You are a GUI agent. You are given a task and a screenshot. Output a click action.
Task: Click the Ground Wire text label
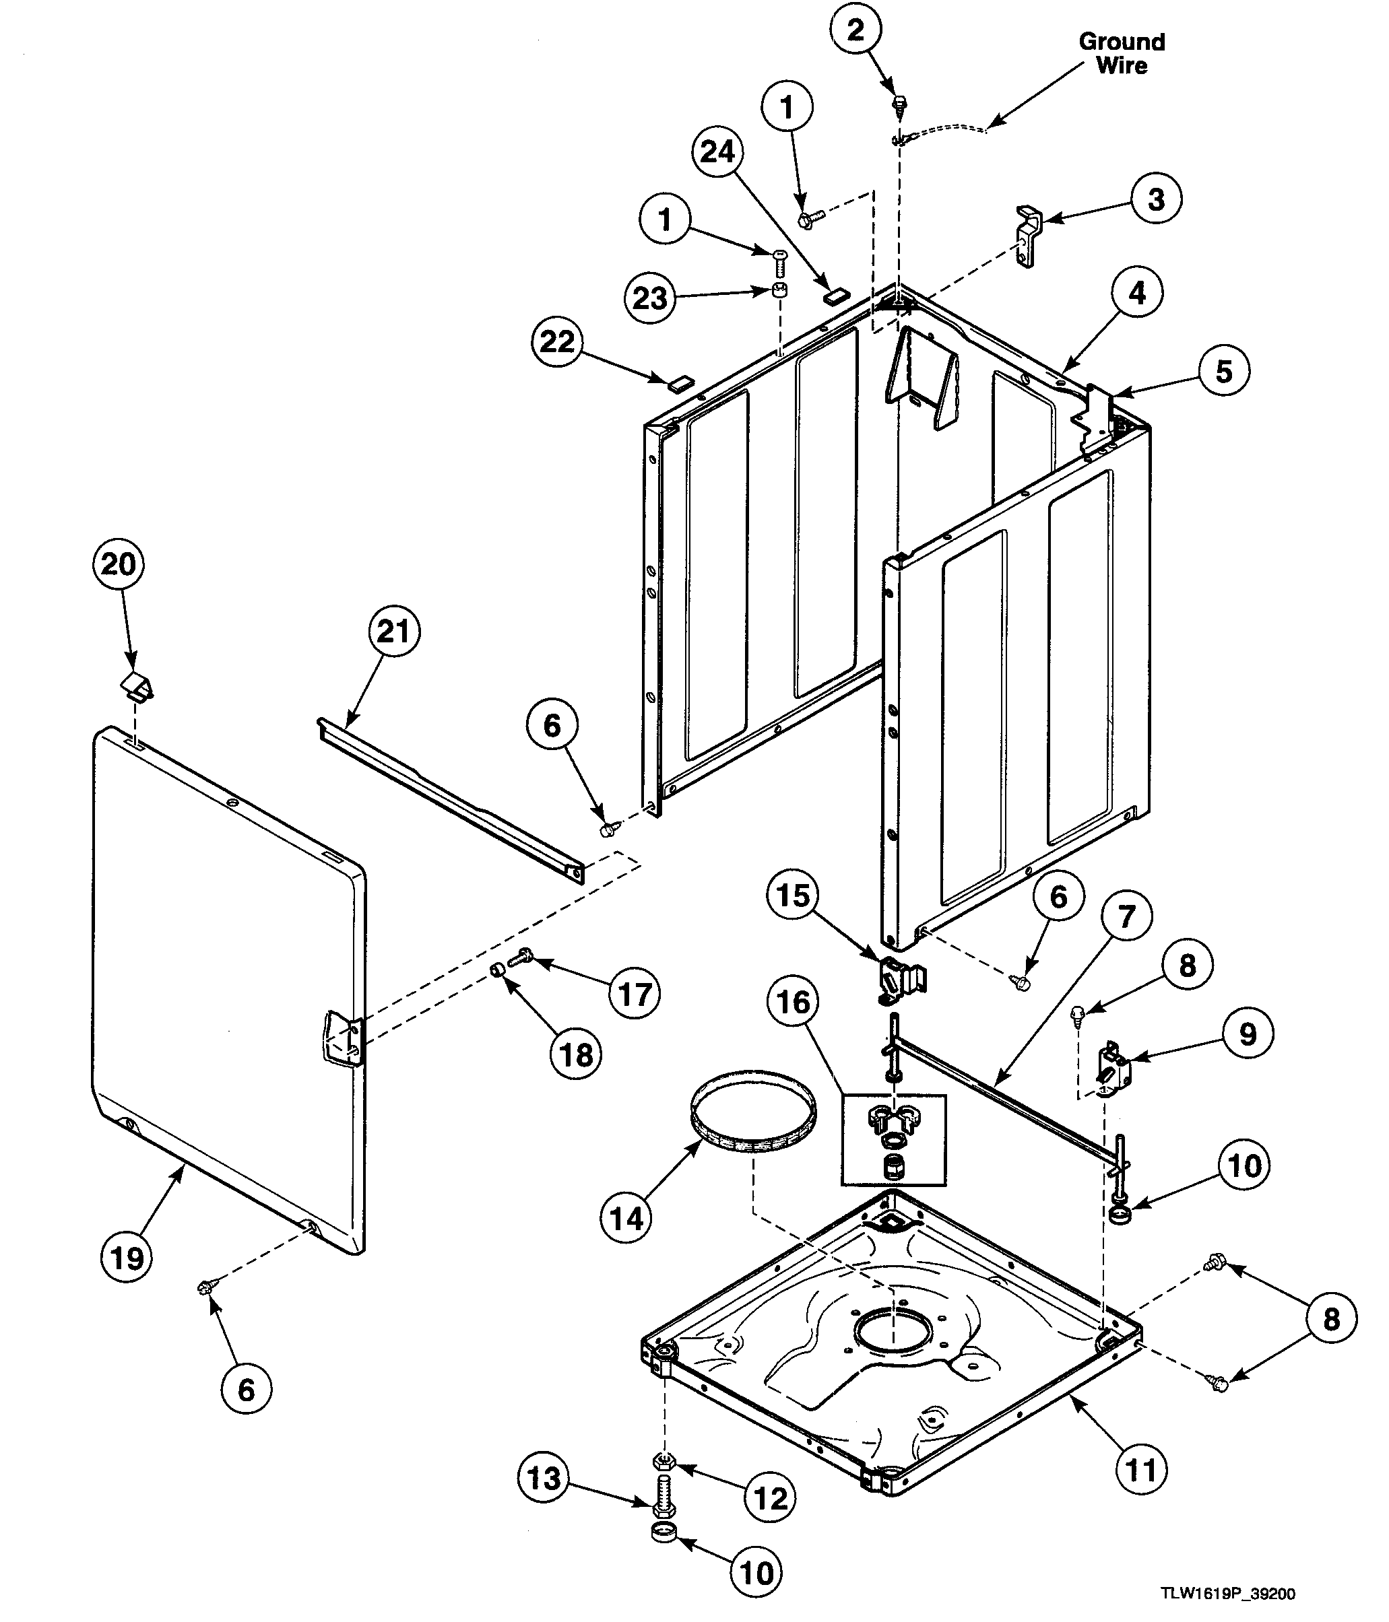pos(1121,53)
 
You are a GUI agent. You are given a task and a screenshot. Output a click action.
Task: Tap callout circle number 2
pos(855,30)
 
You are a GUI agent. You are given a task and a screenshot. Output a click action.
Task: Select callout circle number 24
pos(717,151)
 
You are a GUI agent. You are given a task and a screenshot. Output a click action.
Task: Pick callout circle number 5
pos(1224,371)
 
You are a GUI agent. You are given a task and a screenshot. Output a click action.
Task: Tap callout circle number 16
pos(793,1001)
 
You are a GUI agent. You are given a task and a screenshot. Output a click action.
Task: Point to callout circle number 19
pos(127,1259)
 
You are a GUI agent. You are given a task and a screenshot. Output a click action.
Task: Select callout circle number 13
pos(544,1478)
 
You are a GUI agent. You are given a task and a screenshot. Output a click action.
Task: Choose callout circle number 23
pos(650,298)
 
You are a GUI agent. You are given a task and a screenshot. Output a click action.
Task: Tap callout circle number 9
pos(1248,1034)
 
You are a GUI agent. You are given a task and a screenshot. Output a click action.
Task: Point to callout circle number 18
pos(576,1054)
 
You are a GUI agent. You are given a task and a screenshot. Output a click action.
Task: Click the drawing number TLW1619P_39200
pos(1228,1594)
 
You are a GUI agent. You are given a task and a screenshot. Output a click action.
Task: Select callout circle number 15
pos(792,895)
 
